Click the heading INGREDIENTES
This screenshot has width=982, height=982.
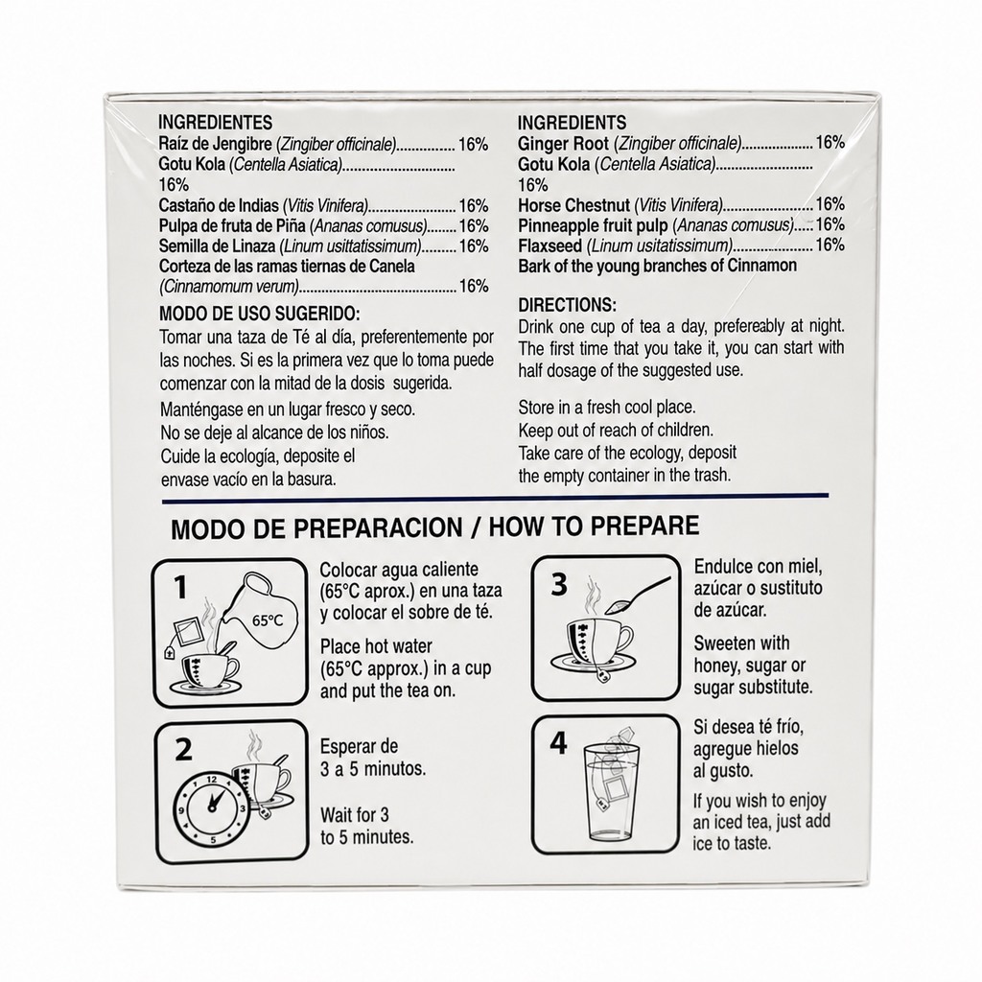[x=216, y=122]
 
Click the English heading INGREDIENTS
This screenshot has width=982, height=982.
[x=572, y=122]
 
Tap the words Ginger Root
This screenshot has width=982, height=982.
[x=563, y=144]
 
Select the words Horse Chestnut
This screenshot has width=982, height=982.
[x=573, y=205]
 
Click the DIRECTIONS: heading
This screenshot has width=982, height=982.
[x=568, y=305]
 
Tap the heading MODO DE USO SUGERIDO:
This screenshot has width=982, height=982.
[x=259, y=314]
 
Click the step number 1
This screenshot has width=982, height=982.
[x=180, y=588]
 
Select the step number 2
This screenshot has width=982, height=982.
[x=183, y=749]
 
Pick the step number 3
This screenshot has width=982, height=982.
[x=559, y=583]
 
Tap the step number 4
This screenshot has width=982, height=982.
[x=558, y=743]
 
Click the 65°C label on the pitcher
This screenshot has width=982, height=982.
[x=268, y=620]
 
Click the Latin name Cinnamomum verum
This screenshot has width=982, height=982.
[x=228, y=287]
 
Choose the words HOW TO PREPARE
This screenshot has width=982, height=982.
[x=594, y=526]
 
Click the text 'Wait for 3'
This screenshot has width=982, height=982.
[x=355, y=815]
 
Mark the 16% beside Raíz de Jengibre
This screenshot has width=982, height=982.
[x=473, y=145]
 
